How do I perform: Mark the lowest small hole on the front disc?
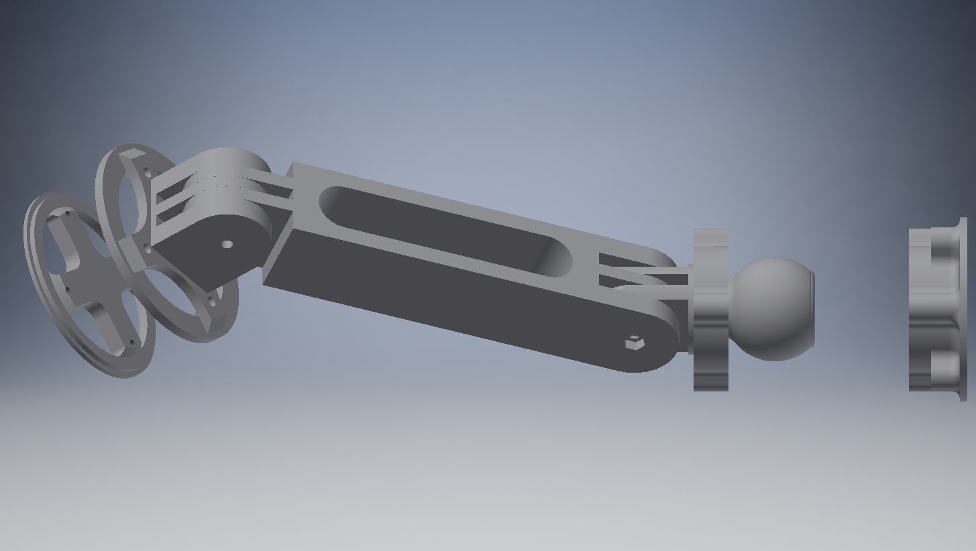[x=131, y=343]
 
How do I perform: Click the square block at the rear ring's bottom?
[x=215, y=322]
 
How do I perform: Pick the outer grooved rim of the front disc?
[x=34, y=268]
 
